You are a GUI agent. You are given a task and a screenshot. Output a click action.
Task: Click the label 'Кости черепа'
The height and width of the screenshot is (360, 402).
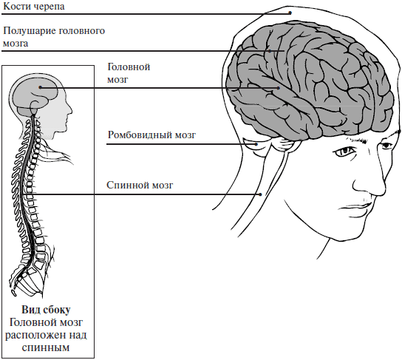[33, 7]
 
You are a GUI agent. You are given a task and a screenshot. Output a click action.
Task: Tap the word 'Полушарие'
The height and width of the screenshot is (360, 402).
[30, 31]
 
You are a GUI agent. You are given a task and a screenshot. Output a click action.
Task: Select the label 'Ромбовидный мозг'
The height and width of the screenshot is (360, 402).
[151, 135]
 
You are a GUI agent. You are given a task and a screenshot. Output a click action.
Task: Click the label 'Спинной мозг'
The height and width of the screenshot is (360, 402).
[140, 185]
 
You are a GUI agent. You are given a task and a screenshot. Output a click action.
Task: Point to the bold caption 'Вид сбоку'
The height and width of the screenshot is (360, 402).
[46, 310]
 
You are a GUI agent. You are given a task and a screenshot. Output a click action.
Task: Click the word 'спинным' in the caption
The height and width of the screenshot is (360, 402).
[46, 348]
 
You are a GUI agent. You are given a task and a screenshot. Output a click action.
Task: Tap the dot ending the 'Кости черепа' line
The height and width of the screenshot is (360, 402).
[290, 13]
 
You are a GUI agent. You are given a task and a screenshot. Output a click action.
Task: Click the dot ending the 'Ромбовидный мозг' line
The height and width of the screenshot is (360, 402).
[256, 144]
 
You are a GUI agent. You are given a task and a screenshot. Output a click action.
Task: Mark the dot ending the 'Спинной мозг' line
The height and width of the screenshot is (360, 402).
[260, 194]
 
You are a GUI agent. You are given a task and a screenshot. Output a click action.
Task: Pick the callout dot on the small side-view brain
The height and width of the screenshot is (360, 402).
[40, 87]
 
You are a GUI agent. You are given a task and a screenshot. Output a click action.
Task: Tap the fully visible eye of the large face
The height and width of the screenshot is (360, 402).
[344, 152]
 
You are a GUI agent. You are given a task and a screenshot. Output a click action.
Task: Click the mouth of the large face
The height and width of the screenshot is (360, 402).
[356, 206]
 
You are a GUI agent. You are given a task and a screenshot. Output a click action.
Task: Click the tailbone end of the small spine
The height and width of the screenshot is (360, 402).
[13, 292]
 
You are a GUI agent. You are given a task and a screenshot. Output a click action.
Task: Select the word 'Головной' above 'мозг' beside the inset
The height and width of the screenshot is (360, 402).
[129, 67]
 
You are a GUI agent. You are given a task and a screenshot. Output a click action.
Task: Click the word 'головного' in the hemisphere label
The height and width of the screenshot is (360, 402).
[82, 31]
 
